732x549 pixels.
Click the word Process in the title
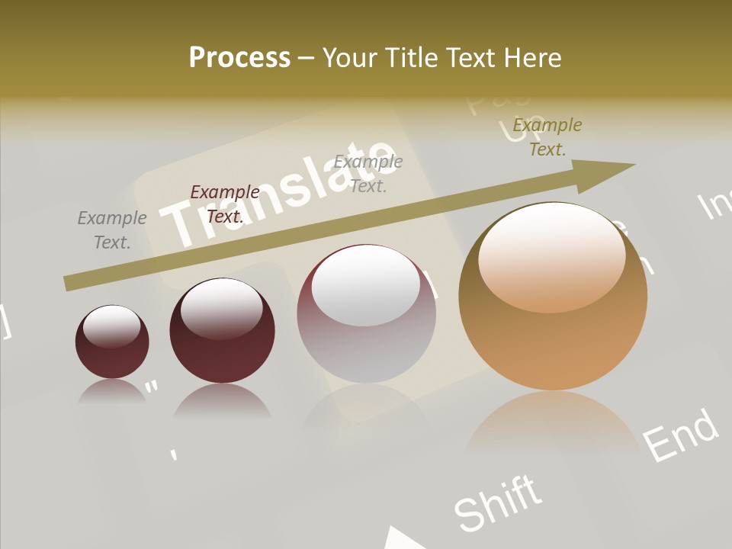[239, 58]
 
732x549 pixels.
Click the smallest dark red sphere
[112, 342]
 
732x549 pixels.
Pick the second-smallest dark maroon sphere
[222, 331]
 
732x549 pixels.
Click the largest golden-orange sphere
[553, 297]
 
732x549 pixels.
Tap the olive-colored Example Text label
[547, 137]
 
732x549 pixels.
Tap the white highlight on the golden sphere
[551, 255]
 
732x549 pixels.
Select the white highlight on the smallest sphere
[112, 326]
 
